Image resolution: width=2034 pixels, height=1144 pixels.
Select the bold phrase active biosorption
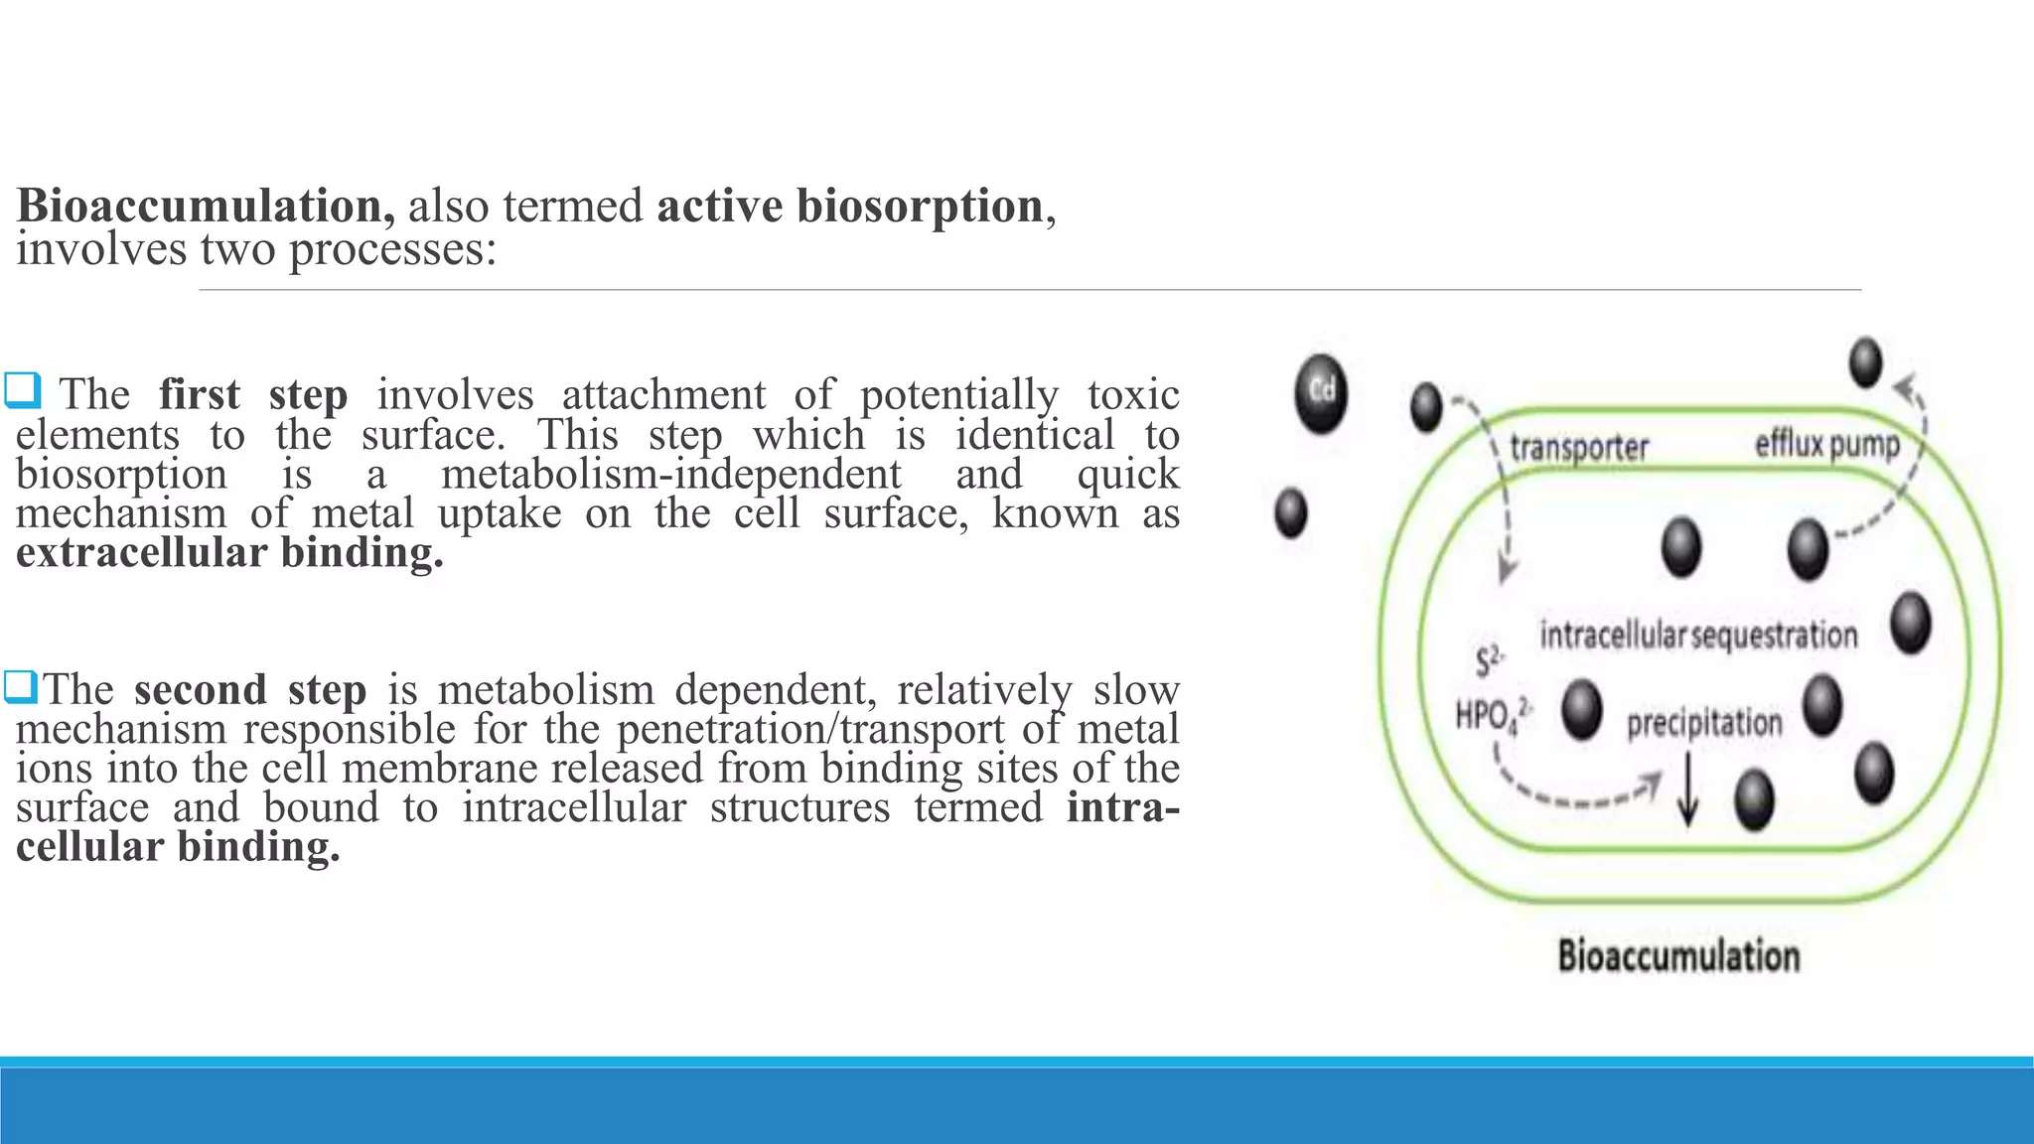(850, 207)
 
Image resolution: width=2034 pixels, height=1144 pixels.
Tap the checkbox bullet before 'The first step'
(22, 390)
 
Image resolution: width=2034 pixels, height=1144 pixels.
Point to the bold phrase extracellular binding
(229, 553)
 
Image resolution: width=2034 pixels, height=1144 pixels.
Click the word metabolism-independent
(671, 474)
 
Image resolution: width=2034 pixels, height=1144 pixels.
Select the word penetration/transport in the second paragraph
(810, 729)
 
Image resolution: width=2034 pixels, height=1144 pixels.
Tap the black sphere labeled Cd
(1321, 392)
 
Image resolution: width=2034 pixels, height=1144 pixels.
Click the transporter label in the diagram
(1578, 448)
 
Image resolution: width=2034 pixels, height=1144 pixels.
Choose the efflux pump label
(1826, 444)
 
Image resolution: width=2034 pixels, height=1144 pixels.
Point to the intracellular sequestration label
(1698, 635)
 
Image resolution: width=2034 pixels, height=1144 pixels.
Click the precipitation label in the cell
(1704, 723)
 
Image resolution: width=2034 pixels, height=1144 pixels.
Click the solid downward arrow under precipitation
(1687, 790)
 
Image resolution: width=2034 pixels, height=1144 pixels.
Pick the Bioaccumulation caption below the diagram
(1678, 956)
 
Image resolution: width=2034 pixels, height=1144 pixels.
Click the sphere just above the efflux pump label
(1865, 362)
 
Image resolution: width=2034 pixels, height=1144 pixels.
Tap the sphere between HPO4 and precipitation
(1581, 709)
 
